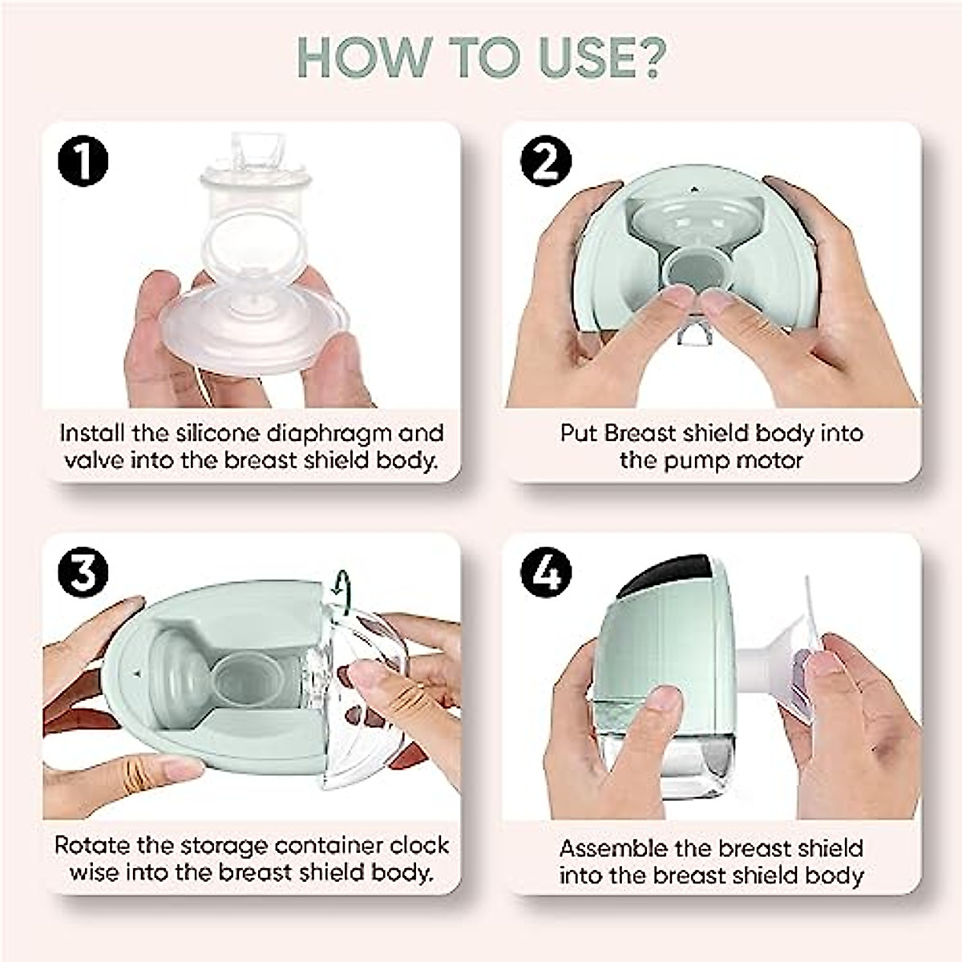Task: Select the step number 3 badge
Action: click(x=83, y=574)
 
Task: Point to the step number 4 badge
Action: click(x=546, y=574)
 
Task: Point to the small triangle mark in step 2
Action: click(x=693, y=192)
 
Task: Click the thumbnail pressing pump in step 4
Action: click(x=663, y=700)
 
